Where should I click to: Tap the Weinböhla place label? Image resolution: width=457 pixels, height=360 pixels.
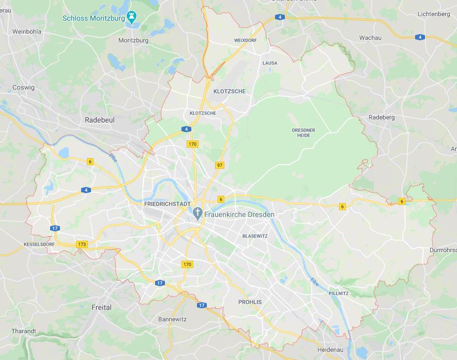(26, 32)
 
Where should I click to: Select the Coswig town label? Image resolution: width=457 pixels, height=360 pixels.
(23, 87)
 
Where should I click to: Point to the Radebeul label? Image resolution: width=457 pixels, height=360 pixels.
(100, 119)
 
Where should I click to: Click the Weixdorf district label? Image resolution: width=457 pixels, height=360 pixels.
(245, 40)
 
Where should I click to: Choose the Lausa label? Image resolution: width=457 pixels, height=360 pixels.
(270, 63)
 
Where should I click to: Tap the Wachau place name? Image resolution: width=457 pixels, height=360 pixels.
(370, 38)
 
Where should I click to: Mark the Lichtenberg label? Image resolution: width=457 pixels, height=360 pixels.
(434, 14)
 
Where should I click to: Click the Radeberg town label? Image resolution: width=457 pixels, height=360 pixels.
(382, 117)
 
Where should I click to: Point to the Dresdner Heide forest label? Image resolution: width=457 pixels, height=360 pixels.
(303, 133)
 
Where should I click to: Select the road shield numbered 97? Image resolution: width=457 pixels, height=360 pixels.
(220, 165)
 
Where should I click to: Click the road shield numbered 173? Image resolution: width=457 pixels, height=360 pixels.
(81, 244)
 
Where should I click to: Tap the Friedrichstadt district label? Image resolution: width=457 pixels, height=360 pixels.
(167, 204)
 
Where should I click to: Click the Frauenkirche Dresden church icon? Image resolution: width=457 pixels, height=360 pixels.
(197, 213)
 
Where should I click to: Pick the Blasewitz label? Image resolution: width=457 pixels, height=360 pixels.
(255, 236)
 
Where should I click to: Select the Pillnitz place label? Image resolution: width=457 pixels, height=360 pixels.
(339, 293)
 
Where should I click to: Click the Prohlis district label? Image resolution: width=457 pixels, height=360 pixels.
(250, 302)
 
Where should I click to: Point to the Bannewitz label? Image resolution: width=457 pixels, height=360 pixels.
(172, 319)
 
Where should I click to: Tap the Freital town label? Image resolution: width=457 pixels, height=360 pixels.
(101, 307)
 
